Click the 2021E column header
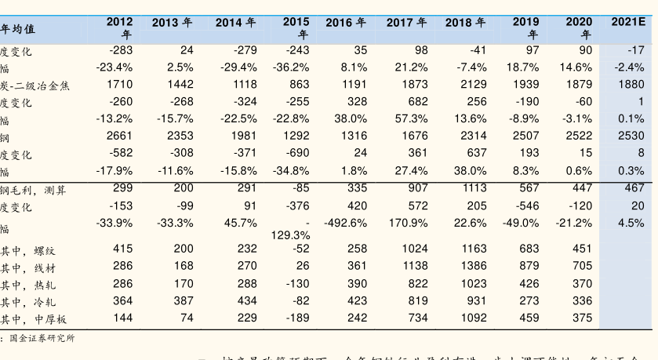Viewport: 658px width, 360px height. [627, 22]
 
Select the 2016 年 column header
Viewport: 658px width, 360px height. [346, 23]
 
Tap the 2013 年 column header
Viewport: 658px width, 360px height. [172, 23]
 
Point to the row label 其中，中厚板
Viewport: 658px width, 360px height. [33, 318]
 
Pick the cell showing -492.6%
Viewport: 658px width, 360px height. [345, 223]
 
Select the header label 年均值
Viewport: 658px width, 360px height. [17, 29]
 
